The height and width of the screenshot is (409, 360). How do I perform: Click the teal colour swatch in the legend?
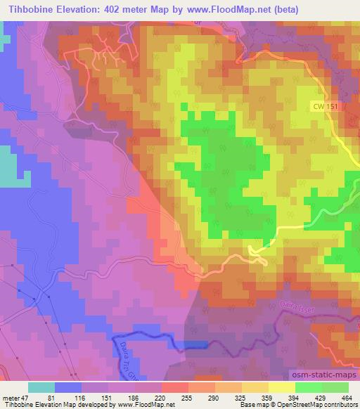point(41,387)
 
